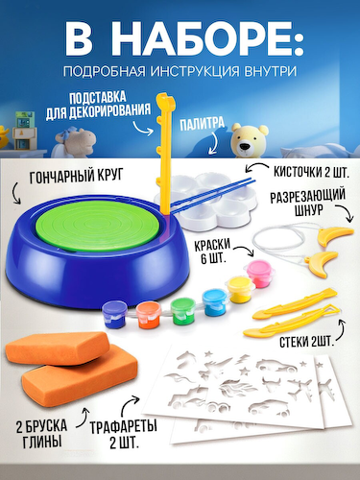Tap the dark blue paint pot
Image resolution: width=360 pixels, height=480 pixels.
(114, 313)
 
